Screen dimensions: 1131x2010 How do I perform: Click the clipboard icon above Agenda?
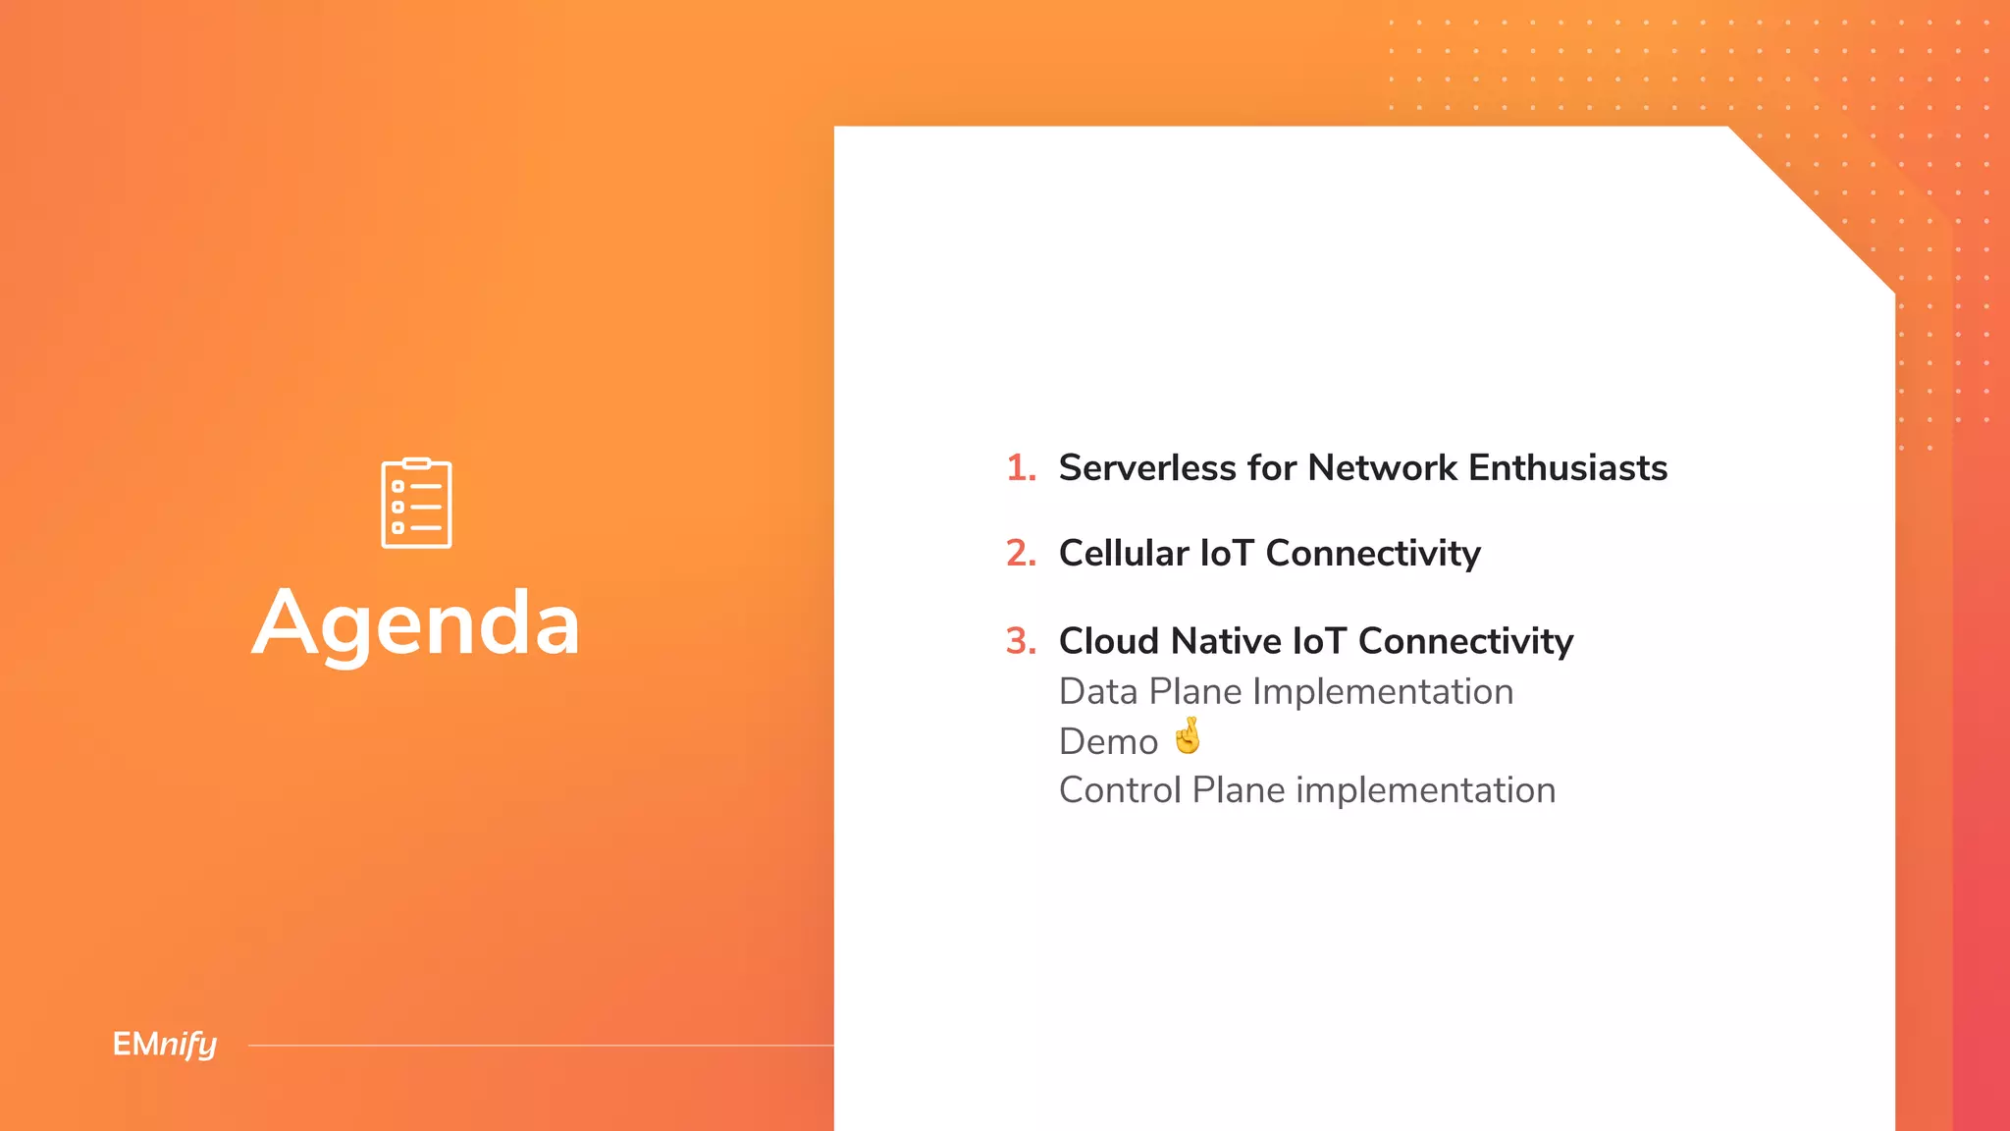416,504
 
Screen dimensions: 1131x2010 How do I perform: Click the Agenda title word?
416,624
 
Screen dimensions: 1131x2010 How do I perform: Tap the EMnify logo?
164,1045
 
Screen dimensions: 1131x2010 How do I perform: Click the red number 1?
1020,468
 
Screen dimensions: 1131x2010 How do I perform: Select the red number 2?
1020,554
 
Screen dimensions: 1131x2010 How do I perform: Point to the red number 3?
1020,641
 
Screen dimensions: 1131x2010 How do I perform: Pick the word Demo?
1108,742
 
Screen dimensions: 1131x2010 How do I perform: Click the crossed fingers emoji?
1188,735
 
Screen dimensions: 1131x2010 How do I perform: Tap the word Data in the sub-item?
1097,692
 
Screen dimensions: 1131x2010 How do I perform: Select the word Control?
1119,790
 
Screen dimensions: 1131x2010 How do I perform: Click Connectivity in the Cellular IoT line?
1372,554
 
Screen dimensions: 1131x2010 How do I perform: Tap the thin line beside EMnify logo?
540,1046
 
